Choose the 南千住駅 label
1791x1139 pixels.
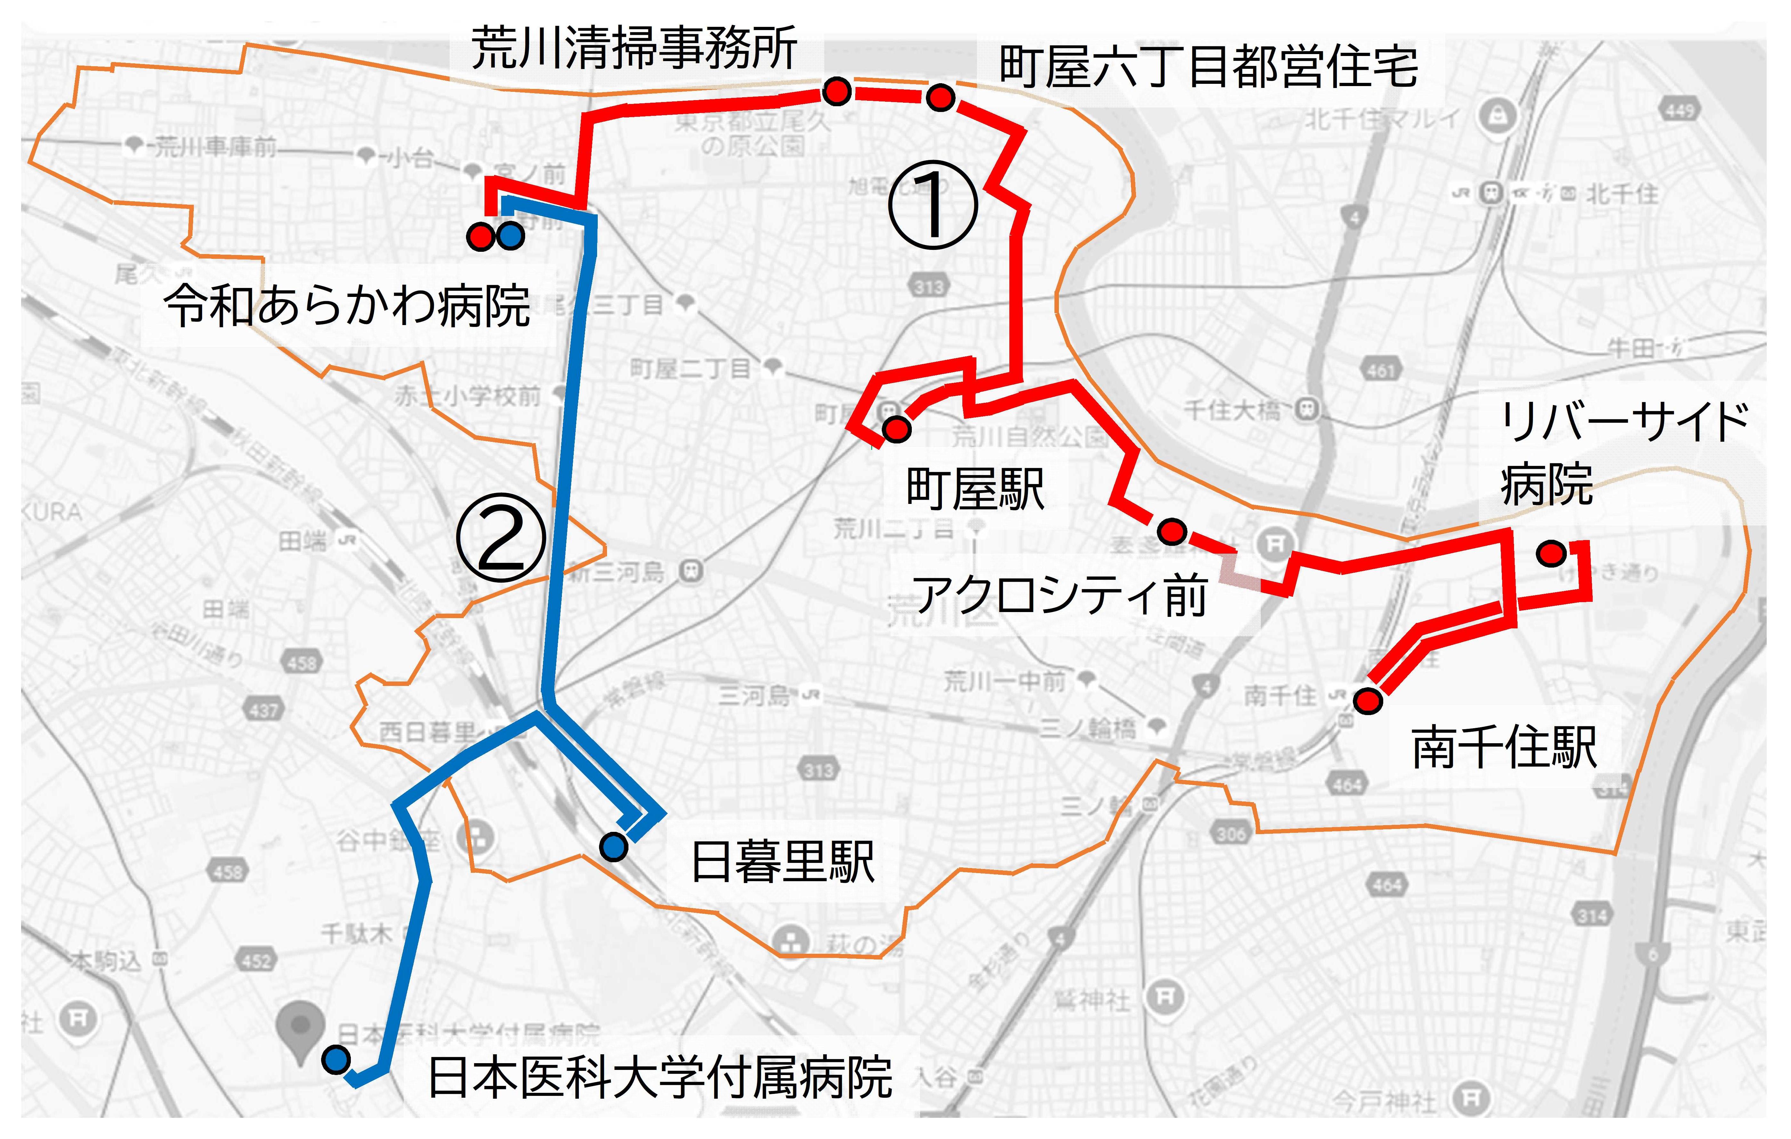coord(1504,748)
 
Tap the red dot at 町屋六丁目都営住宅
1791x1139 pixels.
coord(941,97)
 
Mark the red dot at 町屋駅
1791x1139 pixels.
coord(896,428)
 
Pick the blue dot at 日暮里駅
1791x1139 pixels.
coord(614,846)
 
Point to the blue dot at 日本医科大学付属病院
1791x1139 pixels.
coord(336,1059)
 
